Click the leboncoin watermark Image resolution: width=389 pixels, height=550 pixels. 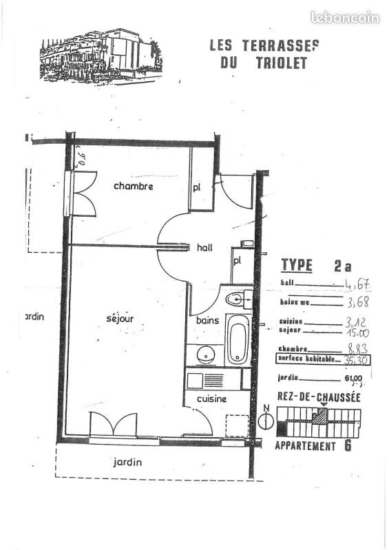click(x=344, y=17)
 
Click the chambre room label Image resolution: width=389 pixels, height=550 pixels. click(x=133, y=187)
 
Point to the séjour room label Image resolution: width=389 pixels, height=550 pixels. click(x=120, y=318)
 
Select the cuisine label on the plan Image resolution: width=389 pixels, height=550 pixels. click(x=212, y=399)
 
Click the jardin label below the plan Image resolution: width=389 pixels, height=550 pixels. click(x=127, y=463)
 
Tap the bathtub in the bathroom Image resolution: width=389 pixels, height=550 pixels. click(x=238, y=340)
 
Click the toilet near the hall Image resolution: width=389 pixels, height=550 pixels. click(x=235, y=299)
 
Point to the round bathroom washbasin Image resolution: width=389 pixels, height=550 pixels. click(x=204, y=355)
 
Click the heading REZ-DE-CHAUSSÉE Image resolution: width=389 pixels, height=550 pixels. click(x=318, y=397)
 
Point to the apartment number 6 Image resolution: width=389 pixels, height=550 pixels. click(x=348, y=445)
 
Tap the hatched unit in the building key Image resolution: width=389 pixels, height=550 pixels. click(x=319, y=416)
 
